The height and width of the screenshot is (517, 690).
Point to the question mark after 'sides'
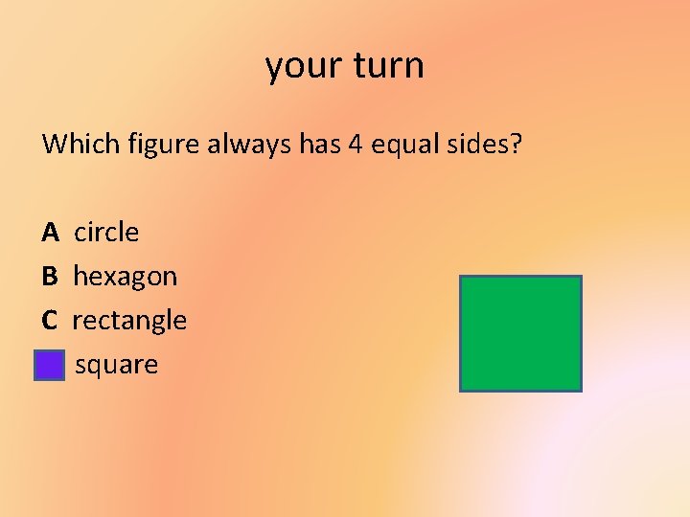517,145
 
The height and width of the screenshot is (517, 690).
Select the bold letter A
51,233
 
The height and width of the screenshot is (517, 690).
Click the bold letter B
50,277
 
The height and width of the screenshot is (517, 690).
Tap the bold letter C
50,321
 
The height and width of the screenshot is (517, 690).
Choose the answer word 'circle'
106,233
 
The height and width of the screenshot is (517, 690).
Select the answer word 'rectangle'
129,321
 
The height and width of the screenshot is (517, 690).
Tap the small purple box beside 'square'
49,366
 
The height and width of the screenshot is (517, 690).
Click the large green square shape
520,333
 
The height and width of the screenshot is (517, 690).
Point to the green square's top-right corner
580,278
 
